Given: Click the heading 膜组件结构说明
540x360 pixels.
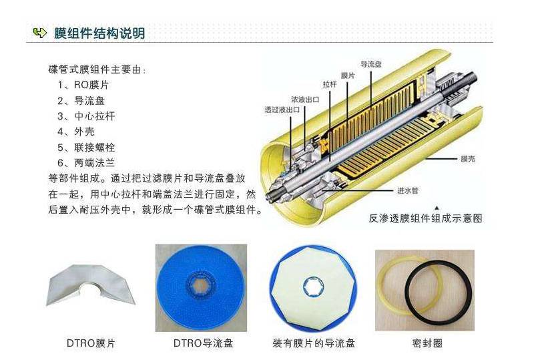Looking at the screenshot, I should tap(99, 33).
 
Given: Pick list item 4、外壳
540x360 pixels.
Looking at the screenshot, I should tap(75, 132).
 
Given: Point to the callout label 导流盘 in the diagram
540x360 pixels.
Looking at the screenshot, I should tap(370, 65).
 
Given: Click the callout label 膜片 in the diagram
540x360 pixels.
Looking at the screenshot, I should tap(347, 76).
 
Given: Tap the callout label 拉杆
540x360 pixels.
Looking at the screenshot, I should tap(330, 85).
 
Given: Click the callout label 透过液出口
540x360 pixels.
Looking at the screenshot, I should tap(282, 110).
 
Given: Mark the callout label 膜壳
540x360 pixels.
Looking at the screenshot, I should tap(468, 159).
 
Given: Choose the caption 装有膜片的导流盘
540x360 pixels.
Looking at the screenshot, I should tap(313, 343).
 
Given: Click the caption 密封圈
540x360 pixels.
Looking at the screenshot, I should tap(427, 343).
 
